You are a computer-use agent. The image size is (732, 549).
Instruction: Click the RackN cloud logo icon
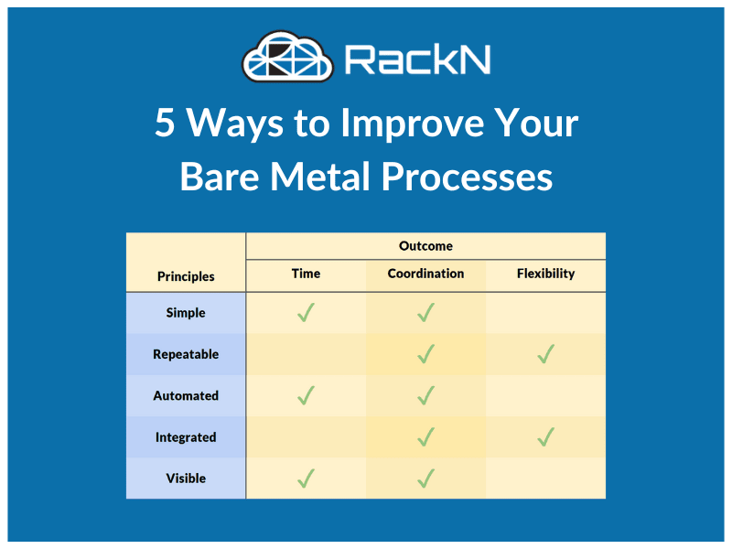coord(287,57)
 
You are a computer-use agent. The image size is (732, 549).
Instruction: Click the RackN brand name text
coord(418,59)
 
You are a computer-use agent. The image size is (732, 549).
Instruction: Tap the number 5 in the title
coord(165,123)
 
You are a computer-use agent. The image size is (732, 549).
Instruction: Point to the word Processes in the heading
coord(468,178)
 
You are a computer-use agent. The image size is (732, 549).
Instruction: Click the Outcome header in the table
coord(425,246)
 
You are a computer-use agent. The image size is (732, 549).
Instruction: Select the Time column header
coord(306,273)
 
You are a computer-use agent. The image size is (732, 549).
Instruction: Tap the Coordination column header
coord(425,273)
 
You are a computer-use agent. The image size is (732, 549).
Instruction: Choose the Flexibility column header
coord(545,274)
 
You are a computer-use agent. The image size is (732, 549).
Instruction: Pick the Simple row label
coord(186,313)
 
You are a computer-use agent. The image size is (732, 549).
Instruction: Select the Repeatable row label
coord(186,354)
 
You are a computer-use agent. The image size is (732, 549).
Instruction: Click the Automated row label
coord(186,396)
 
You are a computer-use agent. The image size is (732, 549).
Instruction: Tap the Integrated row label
coord(186,437)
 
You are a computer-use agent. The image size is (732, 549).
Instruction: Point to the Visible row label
coord(186,479)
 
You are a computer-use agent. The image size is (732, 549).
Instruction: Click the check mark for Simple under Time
coord(306,313)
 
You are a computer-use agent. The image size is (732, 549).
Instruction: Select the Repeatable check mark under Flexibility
coord(545,354)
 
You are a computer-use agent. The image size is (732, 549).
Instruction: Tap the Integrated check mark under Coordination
coord(425,437)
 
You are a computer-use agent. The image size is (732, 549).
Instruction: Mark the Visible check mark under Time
coord(306,479)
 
